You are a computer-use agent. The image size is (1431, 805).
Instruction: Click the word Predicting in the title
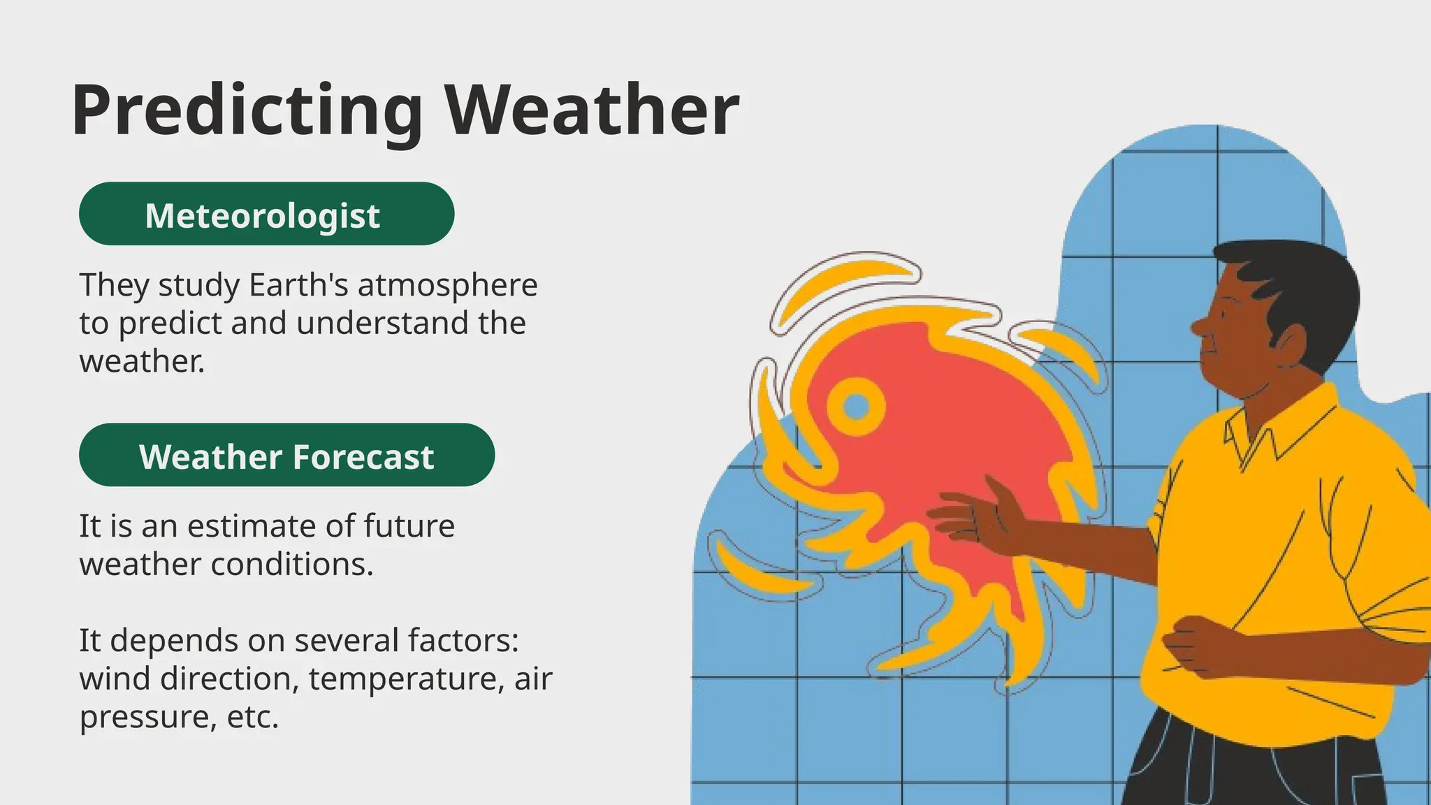tap(247, 110)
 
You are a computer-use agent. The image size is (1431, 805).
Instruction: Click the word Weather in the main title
tap(593, 110)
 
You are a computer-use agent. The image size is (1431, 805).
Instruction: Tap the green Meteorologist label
tap(266, 214)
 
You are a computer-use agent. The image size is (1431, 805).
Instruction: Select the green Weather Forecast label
tap(286, 455)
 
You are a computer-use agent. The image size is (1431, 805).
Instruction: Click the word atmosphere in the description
tap(448, 285)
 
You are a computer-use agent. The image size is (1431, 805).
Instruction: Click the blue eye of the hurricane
tap(856, 406)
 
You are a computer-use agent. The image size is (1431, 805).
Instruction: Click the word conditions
tap(291, 564)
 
